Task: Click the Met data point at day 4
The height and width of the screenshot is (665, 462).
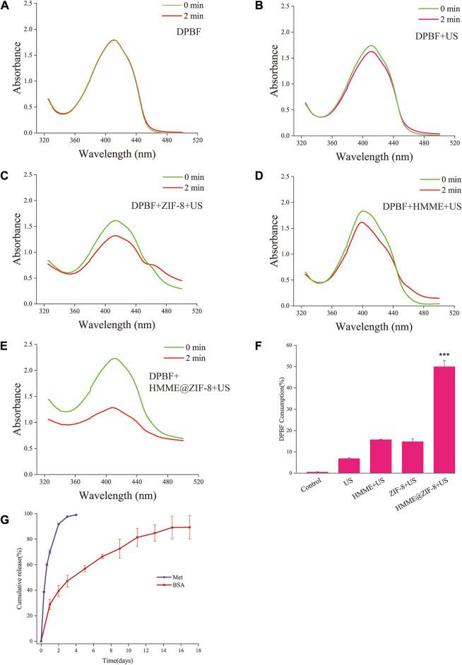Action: pyautogui.click(x=76, y=515)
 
